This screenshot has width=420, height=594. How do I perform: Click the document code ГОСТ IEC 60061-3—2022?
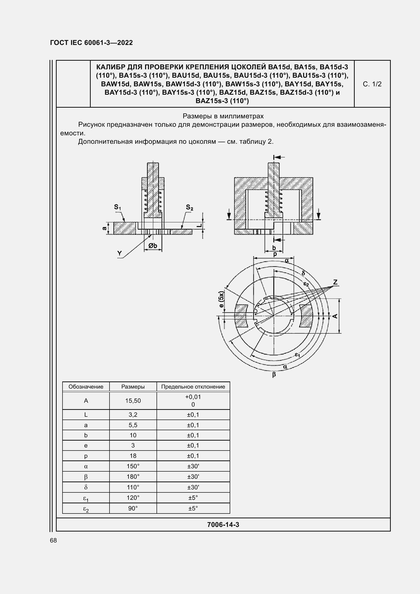pos(91,43)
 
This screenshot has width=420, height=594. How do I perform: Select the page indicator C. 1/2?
pos(372,84)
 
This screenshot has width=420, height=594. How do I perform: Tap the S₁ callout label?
pos(117,207)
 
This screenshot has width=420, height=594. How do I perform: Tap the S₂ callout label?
pos(190,207)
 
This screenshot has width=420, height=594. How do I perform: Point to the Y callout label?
pos(120,253)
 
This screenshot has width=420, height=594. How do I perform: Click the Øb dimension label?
pos(153,246)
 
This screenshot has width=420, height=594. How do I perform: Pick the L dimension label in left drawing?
pos(199,225)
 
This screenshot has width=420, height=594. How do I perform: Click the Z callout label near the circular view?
pos(335,282)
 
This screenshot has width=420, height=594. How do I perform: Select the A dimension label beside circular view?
pos(335,316)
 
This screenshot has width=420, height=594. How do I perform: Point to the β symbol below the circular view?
pos(274,374)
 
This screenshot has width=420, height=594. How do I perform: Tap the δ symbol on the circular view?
pos(303,273)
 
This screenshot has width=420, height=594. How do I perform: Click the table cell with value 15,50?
pos(133,401)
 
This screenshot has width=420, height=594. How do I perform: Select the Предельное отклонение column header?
pos(193,387)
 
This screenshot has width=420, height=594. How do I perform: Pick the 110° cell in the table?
pos(133,487)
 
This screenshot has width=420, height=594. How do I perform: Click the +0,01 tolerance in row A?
pos(193,397)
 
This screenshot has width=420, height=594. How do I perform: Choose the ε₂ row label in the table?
pos(86,509)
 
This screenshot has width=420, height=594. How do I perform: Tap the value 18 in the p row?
pos(133,456)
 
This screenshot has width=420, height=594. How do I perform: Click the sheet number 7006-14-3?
pos(223,525)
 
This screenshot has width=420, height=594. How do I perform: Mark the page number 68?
pos(53,540)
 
